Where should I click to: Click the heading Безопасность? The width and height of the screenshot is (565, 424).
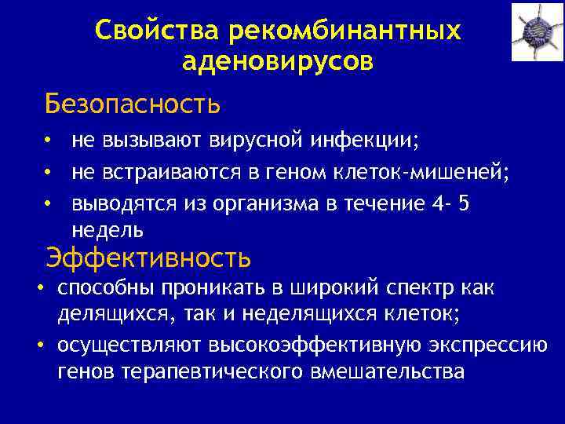132,103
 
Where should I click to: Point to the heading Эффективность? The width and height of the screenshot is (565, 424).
148,257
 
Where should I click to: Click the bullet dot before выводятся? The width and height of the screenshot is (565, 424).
49,203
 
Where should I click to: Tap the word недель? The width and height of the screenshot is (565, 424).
107,230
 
